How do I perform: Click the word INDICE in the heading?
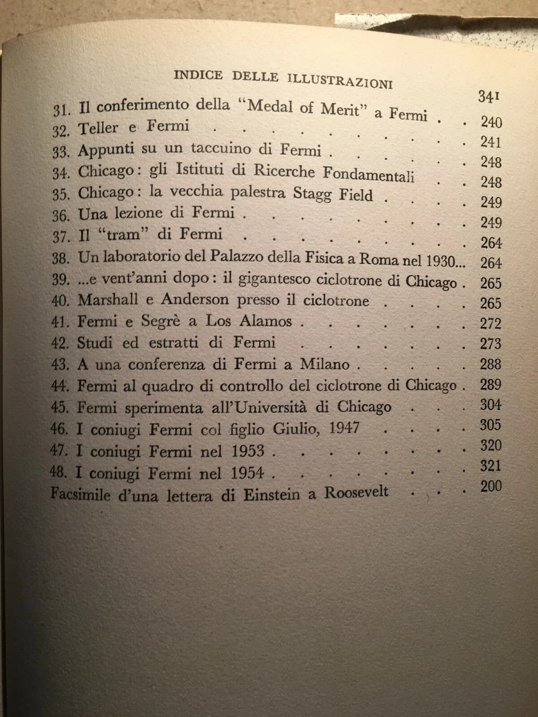tap(197, 75)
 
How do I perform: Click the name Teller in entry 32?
tap(99, 128)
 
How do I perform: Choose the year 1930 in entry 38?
tap(441, 260)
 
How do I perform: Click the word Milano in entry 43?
tap(325, 364)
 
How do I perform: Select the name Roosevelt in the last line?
tap(356, 492)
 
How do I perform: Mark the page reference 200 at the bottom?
tap(491, 486)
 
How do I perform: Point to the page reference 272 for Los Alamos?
tap(490, 324)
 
